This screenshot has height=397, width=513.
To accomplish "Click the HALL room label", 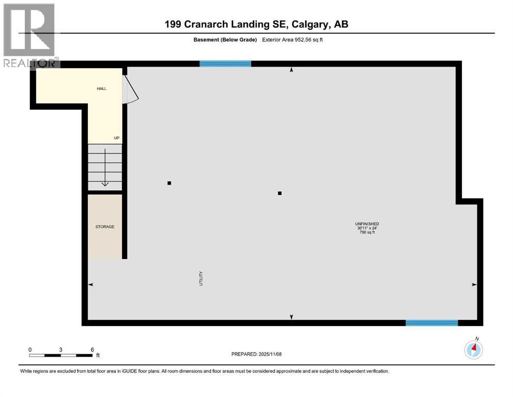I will pos(102,89).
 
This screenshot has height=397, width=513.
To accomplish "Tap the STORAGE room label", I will pos(104,227).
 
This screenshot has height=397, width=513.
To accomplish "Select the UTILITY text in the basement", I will pos(201,279).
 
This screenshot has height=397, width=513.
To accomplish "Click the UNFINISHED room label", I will pos(367,224).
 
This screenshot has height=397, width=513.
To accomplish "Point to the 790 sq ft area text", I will pos(367,233).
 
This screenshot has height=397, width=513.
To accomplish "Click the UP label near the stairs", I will pos(117,138).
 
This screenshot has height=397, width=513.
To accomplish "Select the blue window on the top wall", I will pos(225,64).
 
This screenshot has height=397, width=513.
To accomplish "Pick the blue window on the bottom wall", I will pos(431,323).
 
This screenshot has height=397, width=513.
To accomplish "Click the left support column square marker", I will pos(169,183).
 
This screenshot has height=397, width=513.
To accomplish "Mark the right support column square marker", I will pos(279,193).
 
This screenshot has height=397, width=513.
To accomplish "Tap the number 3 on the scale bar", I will pos(61,349).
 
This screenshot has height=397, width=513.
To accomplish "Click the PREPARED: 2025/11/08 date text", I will pos(256,354).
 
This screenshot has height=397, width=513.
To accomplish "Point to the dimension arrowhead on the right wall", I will pos(474,285).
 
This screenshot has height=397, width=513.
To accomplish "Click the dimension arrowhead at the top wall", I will pos(291,70).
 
